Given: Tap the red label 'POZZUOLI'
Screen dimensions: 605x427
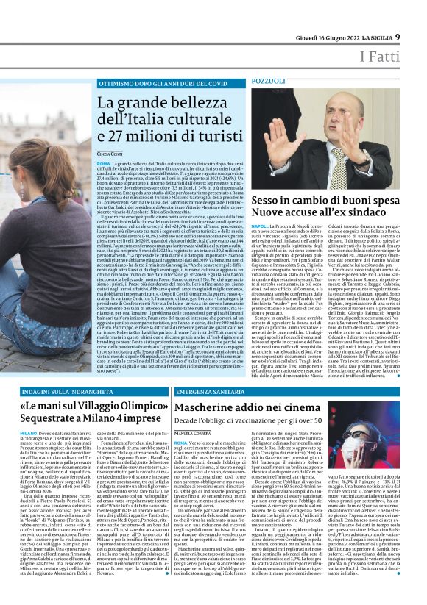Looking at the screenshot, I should coord(268,79).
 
